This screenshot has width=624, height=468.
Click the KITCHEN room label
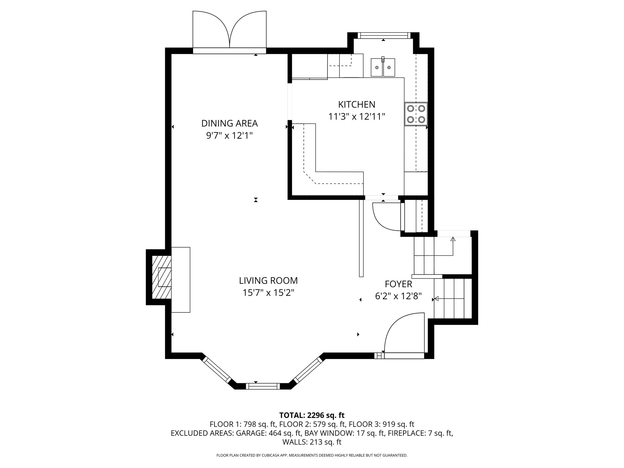356,105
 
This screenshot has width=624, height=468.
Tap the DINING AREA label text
229,123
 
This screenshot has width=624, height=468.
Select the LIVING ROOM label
268,280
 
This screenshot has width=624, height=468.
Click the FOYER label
398,284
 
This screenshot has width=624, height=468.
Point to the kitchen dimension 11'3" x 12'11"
356,117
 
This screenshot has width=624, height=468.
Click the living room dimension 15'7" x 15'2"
268,293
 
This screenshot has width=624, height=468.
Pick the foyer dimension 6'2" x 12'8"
398,296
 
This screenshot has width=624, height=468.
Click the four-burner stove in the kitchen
416,114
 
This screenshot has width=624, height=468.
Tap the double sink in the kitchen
383,67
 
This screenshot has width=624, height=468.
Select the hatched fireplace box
161,277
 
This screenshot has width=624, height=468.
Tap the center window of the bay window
263,386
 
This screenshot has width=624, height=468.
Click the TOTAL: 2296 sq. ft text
312,415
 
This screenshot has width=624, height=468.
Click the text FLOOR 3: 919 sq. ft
381,424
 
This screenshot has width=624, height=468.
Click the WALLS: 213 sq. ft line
312,442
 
